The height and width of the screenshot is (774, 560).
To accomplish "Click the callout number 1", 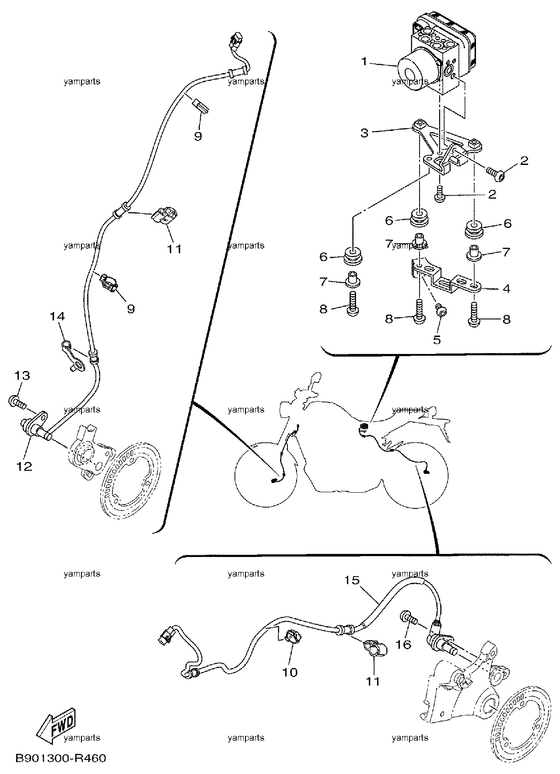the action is point(364,62).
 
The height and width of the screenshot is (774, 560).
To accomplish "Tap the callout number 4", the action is point(506,289).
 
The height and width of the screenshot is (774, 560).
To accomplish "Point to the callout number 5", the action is point(437,340).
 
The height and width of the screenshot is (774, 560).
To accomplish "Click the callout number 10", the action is point(290,672).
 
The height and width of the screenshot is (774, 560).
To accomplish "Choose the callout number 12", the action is point(24,466).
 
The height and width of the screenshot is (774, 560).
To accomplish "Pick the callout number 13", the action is point(22,375).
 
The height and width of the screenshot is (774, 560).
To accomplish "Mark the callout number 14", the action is point(57,316).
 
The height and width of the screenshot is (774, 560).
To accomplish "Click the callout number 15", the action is point(351,580).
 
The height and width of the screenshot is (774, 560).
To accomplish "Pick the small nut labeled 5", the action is point(441,310).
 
